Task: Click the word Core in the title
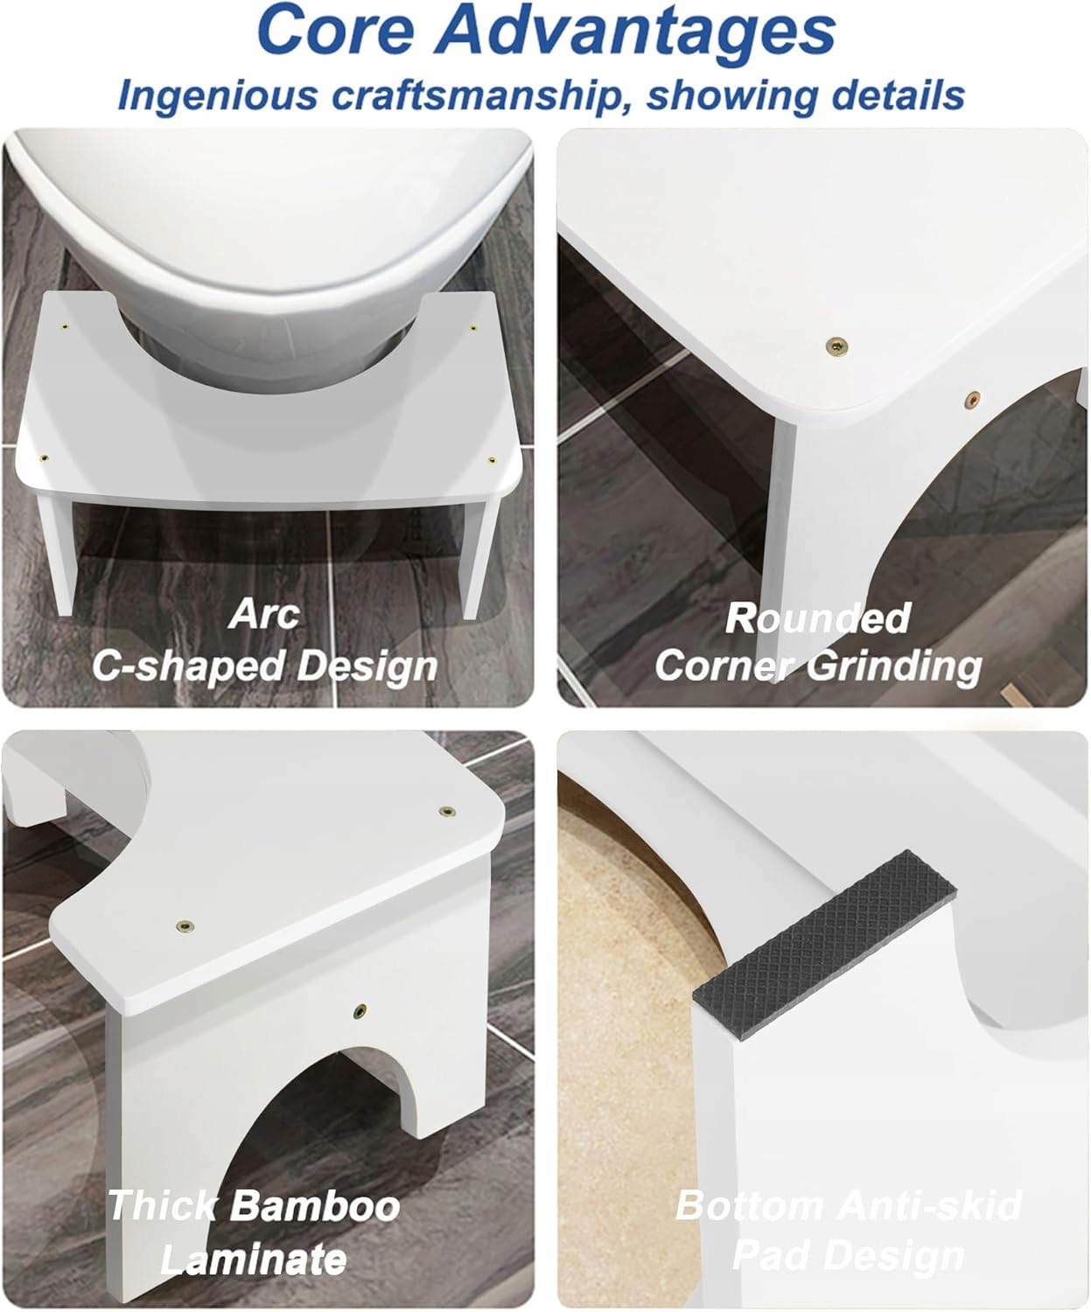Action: [x=336, y=30]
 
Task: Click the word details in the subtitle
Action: [x=898, y=94]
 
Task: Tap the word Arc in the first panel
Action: [x=264, y=613]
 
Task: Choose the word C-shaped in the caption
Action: [x=188, y=666]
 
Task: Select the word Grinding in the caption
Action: [x=893, y=667]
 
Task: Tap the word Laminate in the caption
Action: [x=253, y=1259]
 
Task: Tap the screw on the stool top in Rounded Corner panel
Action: [x=836, y=345]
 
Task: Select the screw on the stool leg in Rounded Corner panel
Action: [x=972, y=398]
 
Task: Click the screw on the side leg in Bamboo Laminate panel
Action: [x=360, y=1011]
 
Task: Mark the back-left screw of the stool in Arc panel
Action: [x=64, y=327]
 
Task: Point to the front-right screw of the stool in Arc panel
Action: [x=492, y=461]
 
